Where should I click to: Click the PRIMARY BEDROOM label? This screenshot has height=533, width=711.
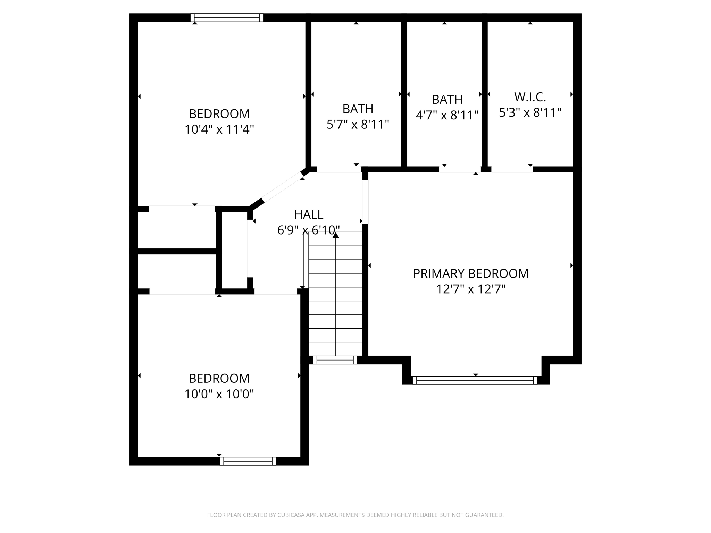pyautogui.click(x=470, y=273)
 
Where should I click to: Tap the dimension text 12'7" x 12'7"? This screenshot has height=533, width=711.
pyautogui.click(x=470, y=289)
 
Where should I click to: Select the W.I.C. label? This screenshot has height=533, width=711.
pyautogui.click(x=530, y=97)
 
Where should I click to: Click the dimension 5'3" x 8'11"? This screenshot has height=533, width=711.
pyautogui.click(x=530, y=112)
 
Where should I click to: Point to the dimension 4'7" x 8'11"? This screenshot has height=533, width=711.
pyautogui.click(x=447, y=115)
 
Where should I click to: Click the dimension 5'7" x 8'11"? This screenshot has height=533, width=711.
pyautogui.click(x=358, y=124)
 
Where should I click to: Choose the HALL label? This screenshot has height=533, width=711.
pyautogui.click(x=309, y=214)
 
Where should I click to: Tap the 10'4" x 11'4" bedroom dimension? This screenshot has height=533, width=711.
pyautogui.click(x=219, y=129)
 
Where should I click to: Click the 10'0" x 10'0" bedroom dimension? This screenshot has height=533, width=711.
pyautogui.click(x=219, y=394)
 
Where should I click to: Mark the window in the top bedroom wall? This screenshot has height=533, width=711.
pyautogui.click(x=227, y=17)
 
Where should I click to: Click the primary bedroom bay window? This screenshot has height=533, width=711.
pyautogui.click(x=475, y=380)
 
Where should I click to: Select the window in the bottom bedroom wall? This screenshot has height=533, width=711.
pyautogui.click(x=248, y=461)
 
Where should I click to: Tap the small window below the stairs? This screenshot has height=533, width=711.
pyautogui.click(x=335, y=360)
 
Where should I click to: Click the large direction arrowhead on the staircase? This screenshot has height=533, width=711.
pyautogui.click(x=335, y=235)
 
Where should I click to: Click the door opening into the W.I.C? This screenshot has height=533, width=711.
pyautogui.click(x=512, y=170)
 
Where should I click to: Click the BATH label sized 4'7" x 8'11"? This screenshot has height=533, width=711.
pyautogui.click(x=447, y=99)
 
